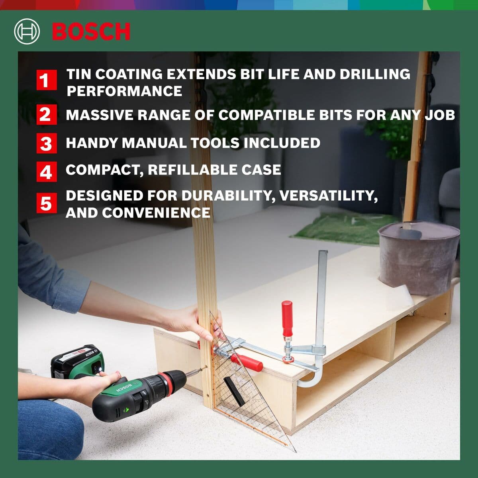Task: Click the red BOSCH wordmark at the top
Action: coord(91,32)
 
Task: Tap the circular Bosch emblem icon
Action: coord(27,32)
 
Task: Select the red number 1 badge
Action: coord(46,80)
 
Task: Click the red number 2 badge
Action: coord(46,115)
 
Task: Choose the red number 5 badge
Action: coord(46,203)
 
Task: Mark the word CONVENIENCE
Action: coord(156,213)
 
